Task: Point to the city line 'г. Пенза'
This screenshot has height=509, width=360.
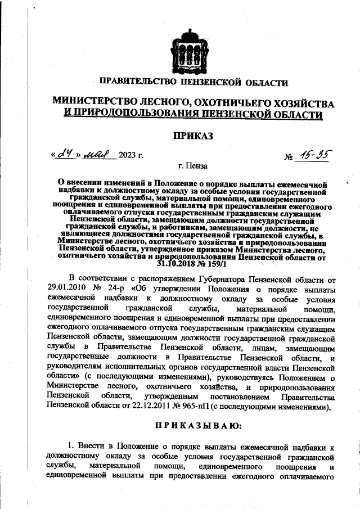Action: (x=192, y=167)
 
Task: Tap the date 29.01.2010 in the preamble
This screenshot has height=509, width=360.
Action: (x=66, y=286)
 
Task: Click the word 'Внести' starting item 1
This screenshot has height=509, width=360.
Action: (x=90, y=447)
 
